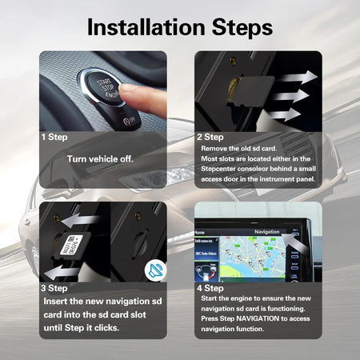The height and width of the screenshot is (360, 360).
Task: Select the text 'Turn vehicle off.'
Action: click(x=100, y=158)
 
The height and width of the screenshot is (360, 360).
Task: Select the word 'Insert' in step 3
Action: click(x=58, y=301)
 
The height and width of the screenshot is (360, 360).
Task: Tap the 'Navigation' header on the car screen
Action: click(x=266, y=231)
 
